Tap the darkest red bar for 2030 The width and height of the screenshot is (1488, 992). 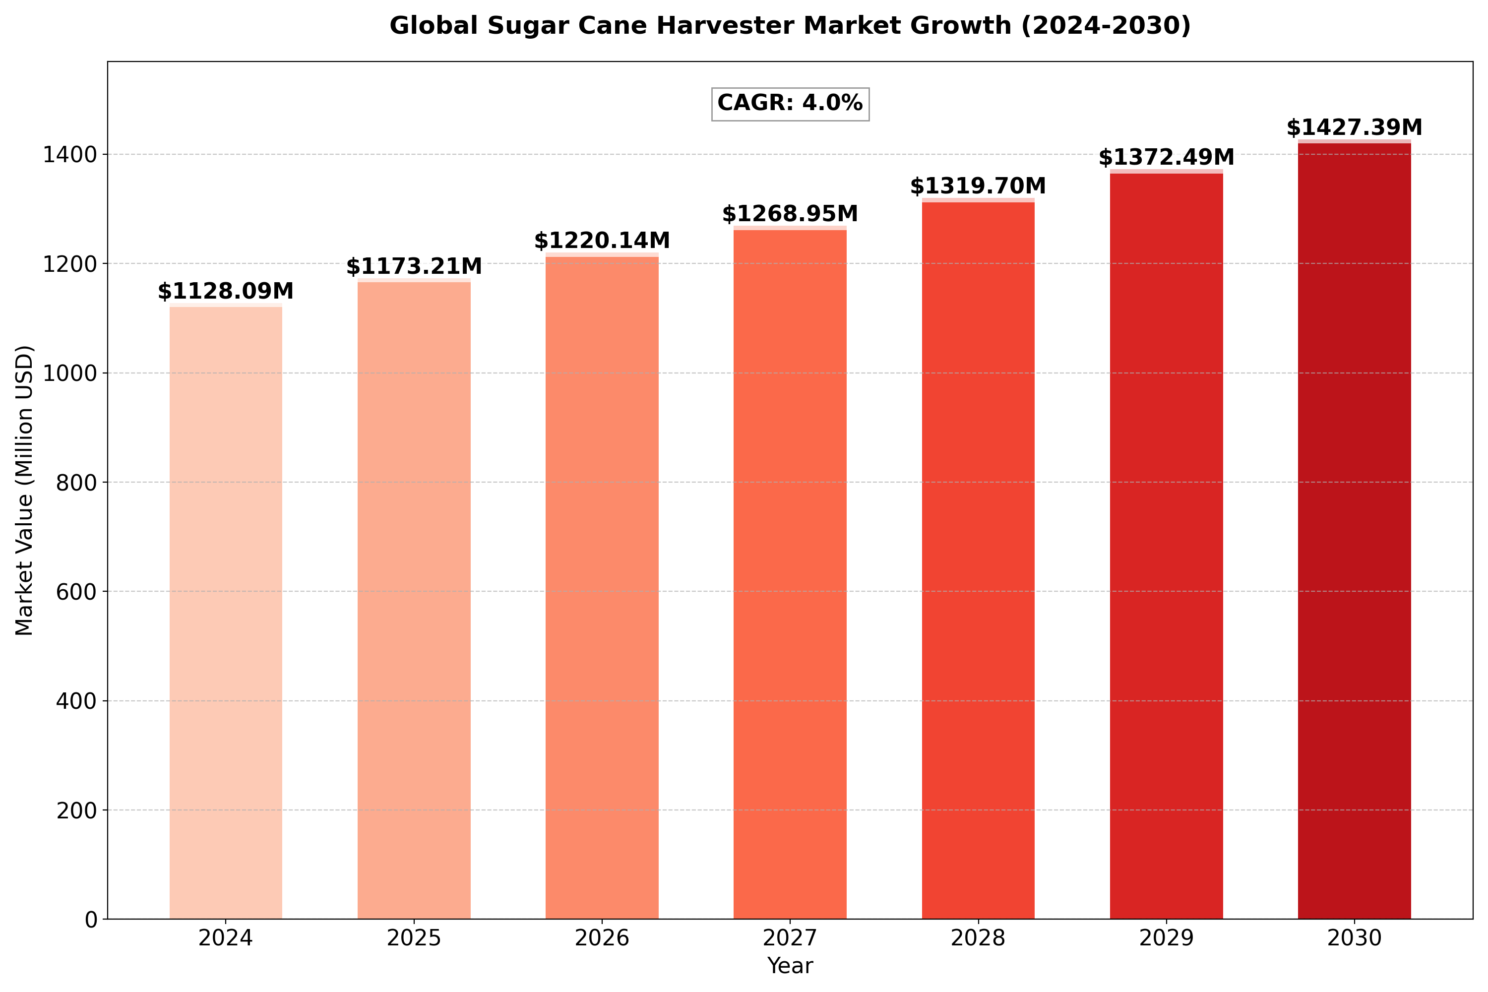(1355, 530)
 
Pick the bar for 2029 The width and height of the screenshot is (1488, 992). (1166, 545)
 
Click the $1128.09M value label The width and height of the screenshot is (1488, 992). (226, 292)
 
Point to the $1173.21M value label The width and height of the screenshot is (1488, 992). (414, 267)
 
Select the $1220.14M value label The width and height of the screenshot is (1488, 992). (602, 241)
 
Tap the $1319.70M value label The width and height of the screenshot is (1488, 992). (978, 186)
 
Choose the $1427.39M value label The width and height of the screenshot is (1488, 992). (1355, 128)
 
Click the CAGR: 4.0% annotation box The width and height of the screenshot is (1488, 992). (790, 103)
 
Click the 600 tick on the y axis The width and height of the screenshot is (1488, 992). (77, 592)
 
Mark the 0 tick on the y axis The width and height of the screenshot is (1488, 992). (92, 919)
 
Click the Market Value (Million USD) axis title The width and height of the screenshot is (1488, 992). (24, 491)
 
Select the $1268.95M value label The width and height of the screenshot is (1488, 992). (790, 214)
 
